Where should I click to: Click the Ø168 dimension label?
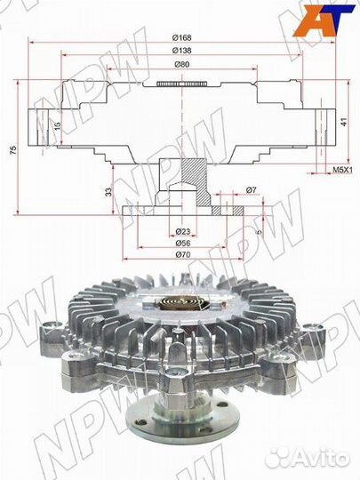[180, 37]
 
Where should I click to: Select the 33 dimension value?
[108, 191]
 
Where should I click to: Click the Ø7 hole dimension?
[252, 191]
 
